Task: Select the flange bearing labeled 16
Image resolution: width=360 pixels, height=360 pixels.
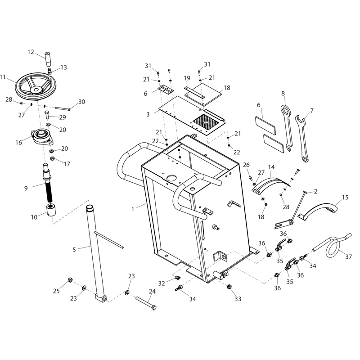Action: [42, 137]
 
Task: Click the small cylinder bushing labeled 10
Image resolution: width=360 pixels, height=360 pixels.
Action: [51, 210]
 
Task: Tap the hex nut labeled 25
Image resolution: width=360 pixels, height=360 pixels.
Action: [70, 280]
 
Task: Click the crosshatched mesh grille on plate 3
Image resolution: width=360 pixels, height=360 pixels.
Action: [206, 122]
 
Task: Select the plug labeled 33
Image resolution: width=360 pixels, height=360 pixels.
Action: [229, 287]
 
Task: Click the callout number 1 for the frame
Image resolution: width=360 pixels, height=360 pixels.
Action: [133, 209]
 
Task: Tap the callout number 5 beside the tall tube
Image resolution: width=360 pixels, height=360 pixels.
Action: [74, 250]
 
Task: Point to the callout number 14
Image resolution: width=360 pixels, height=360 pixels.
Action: [271, 167]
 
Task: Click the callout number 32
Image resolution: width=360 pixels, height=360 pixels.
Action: [162, 283]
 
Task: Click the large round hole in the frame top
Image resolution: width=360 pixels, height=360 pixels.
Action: [172, 178]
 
